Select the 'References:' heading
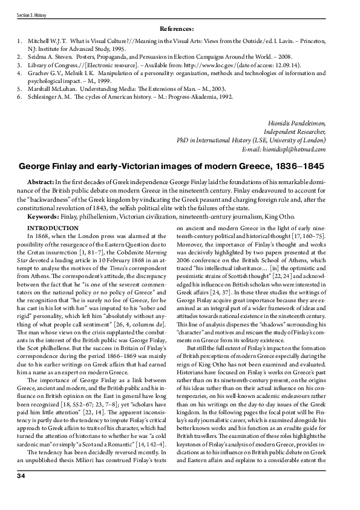(x=177, y=28)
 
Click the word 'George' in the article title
(x=38, y=165)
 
